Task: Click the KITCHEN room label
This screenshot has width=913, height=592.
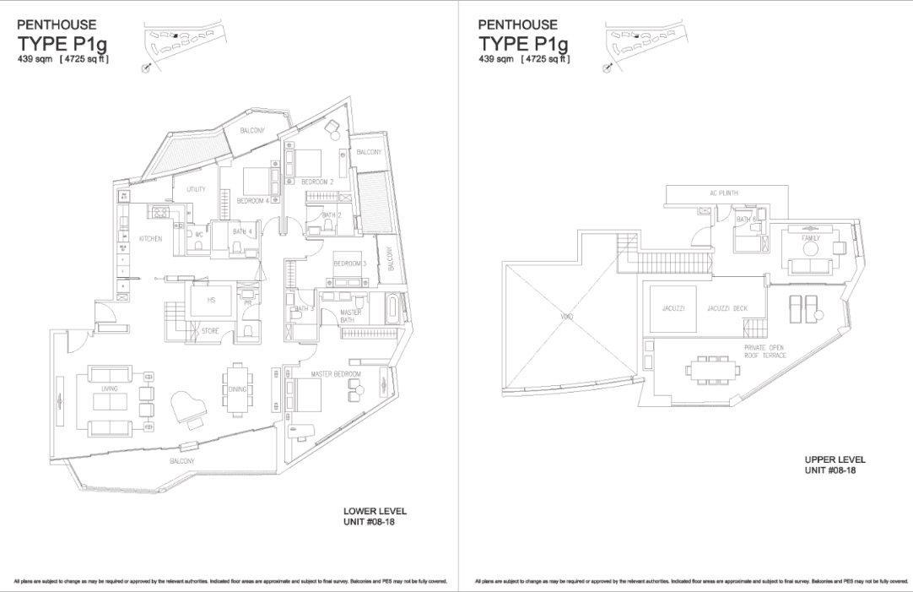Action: click(150, 239)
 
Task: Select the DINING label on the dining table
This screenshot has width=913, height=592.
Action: click(237, 389)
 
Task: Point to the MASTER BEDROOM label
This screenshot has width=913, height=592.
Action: click(335, 374)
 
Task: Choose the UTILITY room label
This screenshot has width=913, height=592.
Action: click(196, 190)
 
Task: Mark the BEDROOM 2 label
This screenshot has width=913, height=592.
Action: click(318, 182)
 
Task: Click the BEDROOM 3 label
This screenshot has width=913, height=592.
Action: click(348, 263)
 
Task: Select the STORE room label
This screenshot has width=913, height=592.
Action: click(210, 332)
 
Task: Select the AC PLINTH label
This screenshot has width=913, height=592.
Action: click(724, 193)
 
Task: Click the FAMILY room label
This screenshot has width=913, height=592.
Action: click(811, 238)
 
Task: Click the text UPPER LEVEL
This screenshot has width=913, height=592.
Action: click(835, 459)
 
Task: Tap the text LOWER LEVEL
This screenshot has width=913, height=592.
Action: click(375, 512)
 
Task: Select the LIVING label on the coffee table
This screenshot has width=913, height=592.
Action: click(109, 389)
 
